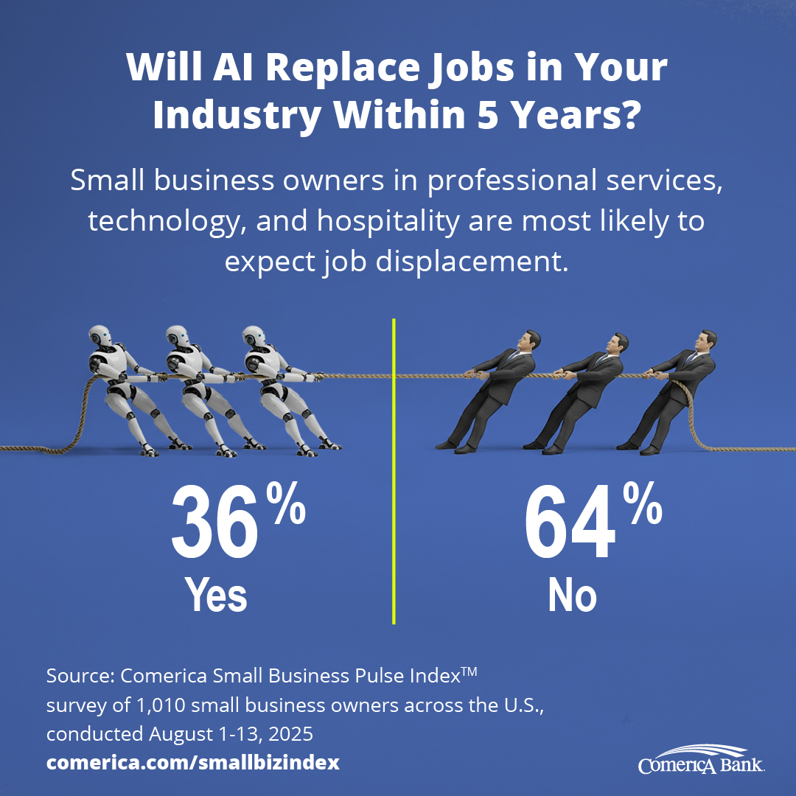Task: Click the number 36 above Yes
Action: pos(215,523)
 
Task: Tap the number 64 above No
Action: pos(569,523)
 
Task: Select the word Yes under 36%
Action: pos(215,595)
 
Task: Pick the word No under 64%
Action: pos(571,595)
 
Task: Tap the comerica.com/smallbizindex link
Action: pos(193,763)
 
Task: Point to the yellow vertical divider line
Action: pos(394,472)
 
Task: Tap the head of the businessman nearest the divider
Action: pos(528,342)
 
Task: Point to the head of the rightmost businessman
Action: pos(705,343)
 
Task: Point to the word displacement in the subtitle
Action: pos(469,262)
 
